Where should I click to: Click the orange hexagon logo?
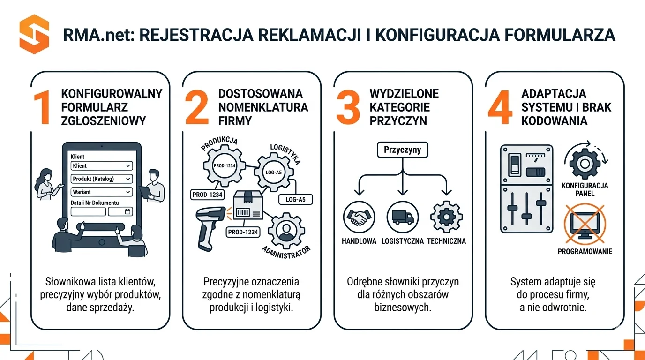[x=34, y=34]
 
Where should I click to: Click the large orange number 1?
[x=42, y=108]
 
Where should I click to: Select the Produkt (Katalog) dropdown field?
[x=102, y=179]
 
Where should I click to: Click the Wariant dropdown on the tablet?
[x=102, y=192]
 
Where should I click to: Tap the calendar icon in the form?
[x=127, y=212]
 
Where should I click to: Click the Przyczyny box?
[x=402, y=150]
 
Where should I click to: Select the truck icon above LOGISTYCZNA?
[x=402, y=217]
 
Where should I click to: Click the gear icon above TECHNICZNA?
[x=446, y=217]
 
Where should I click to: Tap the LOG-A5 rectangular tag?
[x=295, y=199]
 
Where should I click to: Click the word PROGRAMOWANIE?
[x=585, y=252]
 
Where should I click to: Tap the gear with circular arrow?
[x=584, y=163]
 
